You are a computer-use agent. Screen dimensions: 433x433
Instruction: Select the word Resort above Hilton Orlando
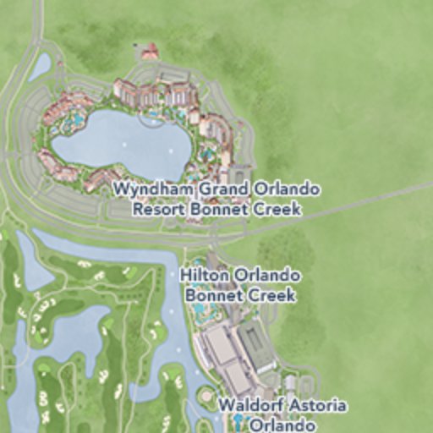coord(159,208)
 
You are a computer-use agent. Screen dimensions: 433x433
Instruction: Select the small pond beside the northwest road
coord(39,68)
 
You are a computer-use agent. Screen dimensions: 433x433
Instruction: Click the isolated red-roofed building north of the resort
coord(149,53)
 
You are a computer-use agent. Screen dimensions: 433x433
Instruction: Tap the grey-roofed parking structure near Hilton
coord(256,346)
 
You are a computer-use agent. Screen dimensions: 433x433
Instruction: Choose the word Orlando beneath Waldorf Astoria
coord(283,425)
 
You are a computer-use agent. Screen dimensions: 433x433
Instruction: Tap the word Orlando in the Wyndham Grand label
coord(275,189)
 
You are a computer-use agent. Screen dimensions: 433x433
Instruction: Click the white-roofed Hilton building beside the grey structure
coord(220,345)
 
